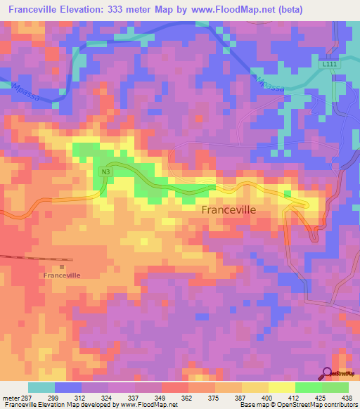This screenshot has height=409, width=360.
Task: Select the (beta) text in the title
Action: (x=330, y=10)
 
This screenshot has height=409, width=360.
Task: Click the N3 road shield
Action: (x=105, y=171)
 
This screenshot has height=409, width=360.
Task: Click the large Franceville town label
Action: (x=229, y=209)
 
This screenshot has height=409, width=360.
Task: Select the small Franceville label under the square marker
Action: (x=62, y=275)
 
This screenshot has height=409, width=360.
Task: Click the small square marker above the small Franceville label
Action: (x=62, y=266)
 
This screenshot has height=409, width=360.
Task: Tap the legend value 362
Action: (x=188, y=397)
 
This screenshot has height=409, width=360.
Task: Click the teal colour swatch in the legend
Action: (x=41, y=387)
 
